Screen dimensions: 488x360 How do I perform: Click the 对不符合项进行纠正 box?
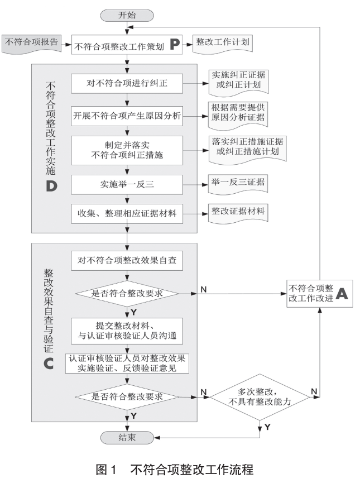(127, 85)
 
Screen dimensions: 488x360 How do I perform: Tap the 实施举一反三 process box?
(127, 183)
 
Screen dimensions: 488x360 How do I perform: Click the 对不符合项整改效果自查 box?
(127, 261)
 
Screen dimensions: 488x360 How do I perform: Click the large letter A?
(341, 294)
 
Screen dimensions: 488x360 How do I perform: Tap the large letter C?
(49, 363)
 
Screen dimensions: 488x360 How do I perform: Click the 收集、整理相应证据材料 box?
(127, 214)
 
